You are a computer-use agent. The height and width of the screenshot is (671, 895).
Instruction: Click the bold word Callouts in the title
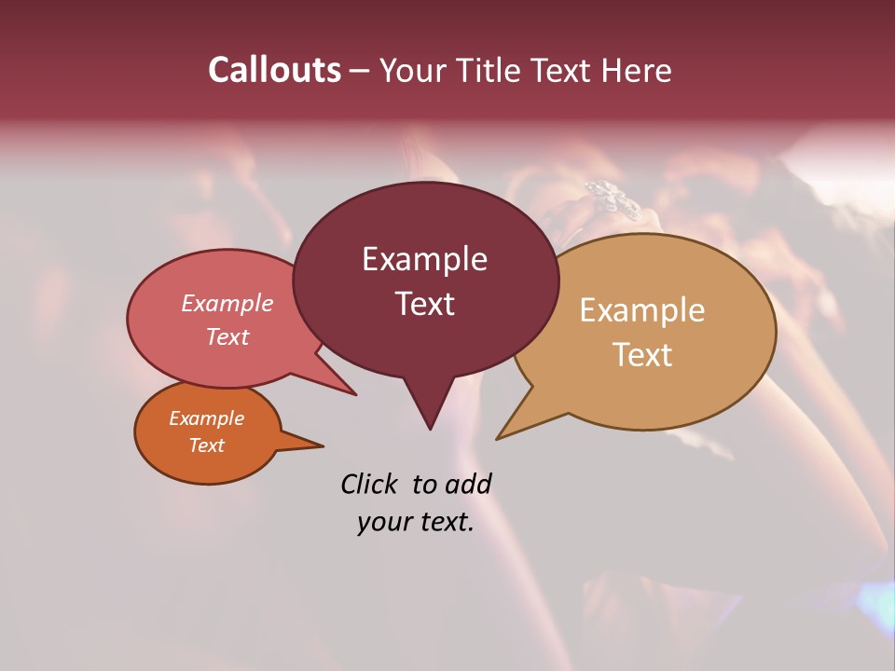[x=274, y=70]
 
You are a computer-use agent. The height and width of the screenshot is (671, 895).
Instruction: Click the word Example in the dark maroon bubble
[x=424, y=259]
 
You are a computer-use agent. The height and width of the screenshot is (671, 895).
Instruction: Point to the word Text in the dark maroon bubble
[x=424, y=304]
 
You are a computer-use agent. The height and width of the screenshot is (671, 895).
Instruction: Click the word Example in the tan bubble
[x=642, y=310]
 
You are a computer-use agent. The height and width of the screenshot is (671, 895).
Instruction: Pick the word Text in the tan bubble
[x=642, y=355]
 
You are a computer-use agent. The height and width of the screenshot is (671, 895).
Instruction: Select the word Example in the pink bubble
[x=227, y=304]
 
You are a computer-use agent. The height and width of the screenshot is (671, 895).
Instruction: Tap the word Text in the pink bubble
[x=227, y=336]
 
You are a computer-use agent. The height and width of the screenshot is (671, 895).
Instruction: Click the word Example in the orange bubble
[x=206, y=418]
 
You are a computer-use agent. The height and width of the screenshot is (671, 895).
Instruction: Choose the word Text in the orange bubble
[x=206, y=445]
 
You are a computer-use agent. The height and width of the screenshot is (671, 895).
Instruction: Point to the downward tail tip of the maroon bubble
[x=430, y=427]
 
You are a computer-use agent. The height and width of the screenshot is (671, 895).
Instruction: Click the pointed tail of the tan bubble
[x=500, y=437]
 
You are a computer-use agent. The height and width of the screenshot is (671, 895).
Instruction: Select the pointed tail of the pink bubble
[x=352, y=392]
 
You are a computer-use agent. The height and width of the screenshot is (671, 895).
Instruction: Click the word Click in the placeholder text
[x=371, y=484]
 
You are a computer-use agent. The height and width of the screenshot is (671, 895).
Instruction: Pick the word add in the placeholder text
[x=467, y=484]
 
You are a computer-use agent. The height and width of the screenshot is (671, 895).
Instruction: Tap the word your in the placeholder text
[x=381, y=523]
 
